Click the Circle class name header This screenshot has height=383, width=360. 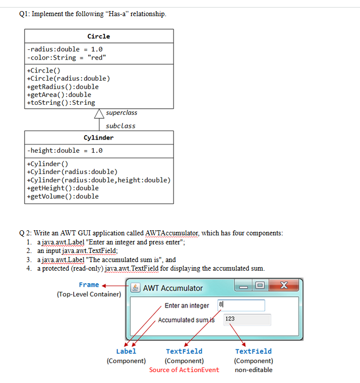click(x=98, y=36)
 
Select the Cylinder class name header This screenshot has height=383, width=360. click(x=98, y=138)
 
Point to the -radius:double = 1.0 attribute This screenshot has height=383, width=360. click(x=65, y=49)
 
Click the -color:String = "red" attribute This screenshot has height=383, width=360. click(x=67, y=57)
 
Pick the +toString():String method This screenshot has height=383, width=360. click(x=61, y=103)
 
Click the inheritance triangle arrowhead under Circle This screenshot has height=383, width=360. click(x=99, y=114)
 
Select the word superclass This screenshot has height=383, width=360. click(x=122, y=113)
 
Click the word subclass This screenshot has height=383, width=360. click(x=121, y=126)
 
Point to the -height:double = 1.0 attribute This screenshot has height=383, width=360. click(x=65, y=151)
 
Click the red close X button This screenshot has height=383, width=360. click(x=284, y=286)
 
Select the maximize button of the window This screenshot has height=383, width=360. click(x=259, y=286)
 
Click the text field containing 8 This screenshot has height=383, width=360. click(x=241, y=305)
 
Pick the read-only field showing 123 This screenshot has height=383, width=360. click(x=247, y=320)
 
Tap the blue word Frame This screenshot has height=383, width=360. click(x=89, y=285)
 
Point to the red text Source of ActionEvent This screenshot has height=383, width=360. click(x=184, y=370)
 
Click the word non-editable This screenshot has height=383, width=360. click(x=254, y=370)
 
